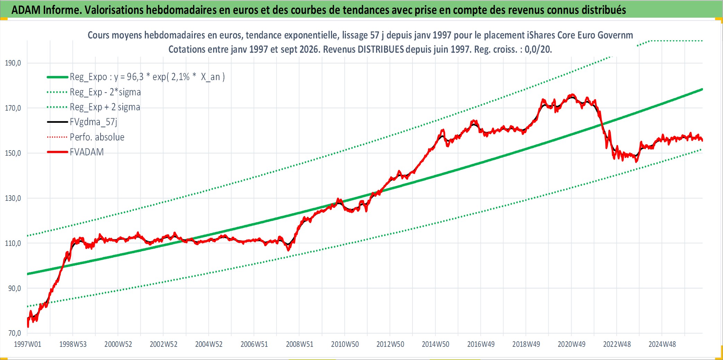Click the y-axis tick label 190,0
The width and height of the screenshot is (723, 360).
point(13,63)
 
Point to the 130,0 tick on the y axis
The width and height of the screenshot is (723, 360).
point(13,198)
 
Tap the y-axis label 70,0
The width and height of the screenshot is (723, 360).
point(15,333)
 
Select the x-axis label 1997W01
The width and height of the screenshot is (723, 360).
point(27,344)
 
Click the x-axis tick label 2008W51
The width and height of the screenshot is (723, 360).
point(299,344)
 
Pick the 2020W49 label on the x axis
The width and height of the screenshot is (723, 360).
point(571,344)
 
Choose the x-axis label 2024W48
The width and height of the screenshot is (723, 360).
point(662,344)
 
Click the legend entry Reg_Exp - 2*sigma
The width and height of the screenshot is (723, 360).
point(105,92)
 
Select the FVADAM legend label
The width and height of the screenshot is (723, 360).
point(87,152)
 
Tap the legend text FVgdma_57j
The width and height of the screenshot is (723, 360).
point(94,122)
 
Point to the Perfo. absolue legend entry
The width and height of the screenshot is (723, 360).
point(97,137)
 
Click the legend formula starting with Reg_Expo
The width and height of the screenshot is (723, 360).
point(147,77)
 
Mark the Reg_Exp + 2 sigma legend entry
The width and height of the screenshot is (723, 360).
point(105,107)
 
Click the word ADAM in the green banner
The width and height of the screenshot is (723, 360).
point(26,10)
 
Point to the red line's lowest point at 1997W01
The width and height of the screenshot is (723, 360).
point(28,327)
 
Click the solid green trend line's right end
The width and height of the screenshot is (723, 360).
point(702,89)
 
